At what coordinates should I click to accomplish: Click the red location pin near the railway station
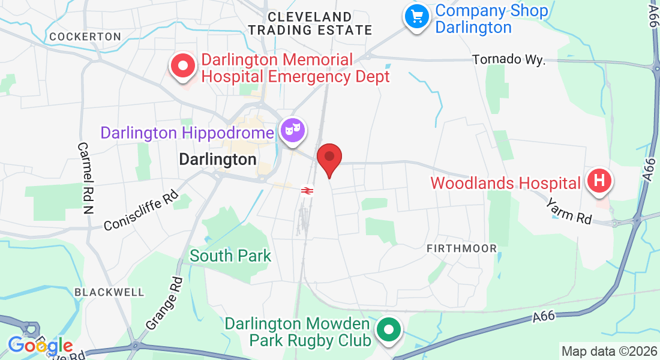[329, 158]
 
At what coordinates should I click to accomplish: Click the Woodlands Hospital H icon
[599, 181]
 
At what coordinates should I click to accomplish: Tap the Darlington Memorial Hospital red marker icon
[184, 65]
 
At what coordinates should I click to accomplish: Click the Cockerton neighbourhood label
[85, 37]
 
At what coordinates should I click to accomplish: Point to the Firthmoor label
[461, 248]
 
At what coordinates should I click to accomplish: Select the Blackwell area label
[110, 292]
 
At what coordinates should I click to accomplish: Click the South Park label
[230, 256]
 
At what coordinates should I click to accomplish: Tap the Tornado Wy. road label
[508, 60]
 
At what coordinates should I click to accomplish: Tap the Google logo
[40, 346]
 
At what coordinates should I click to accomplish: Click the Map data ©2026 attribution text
[608, 351]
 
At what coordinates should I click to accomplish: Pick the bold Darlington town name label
[218, 160]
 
